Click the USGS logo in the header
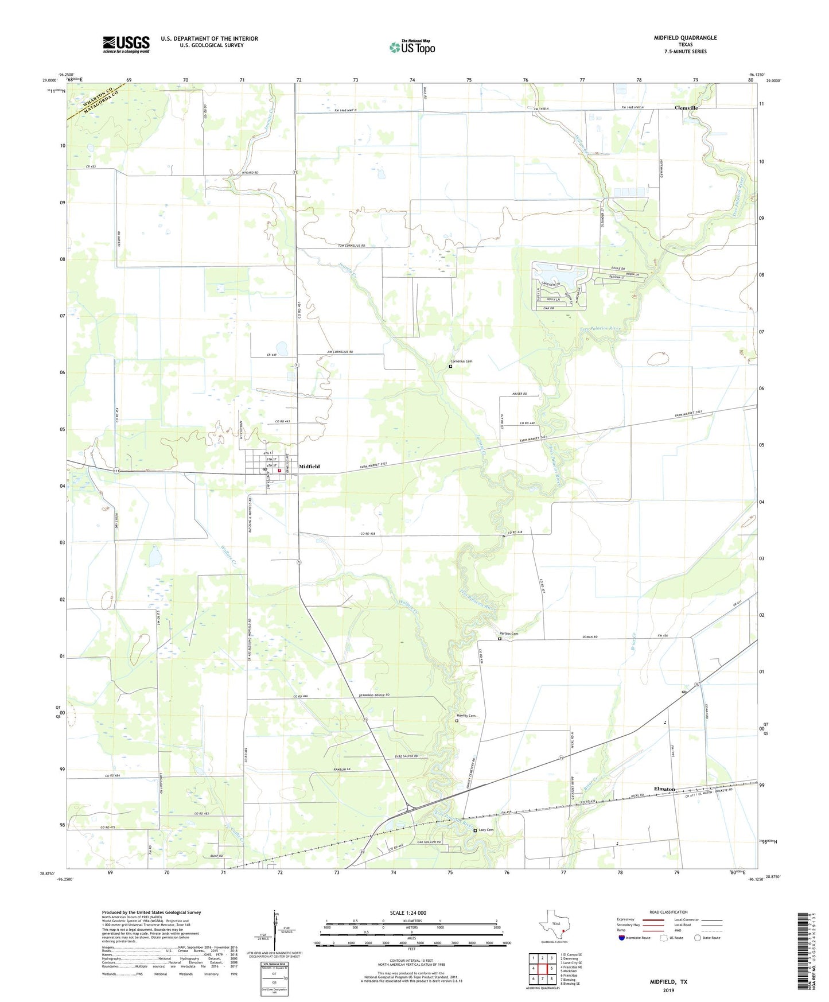click(x=126, y=44)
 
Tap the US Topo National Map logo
click(x=411, y=47)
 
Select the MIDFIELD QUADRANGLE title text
click(x=685, y=38)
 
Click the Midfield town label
click(x=309, y=467)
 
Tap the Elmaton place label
click(x=664, y=789)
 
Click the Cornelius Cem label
click(x=461, y=362)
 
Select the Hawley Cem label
click(x=466, y=716)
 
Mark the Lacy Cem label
click(x=486, y=830)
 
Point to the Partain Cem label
click(x=508, y=634)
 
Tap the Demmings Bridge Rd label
click(x=372, y=695)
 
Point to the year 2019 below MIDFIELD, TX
click(x=668, y=990)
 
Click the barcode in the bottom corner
click(x=803, y=961)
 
